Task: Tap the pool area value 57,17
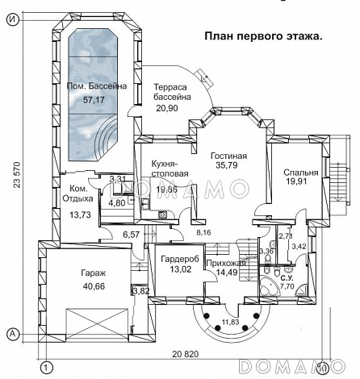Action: click(94, 100)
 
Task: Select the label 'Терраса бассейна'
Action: click(172, 90)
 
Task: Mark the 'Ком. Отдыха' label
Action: click(77, 193)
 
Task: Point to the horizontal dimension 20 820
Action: click(186, 354)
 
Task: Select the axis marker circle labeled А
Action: click(11, 332)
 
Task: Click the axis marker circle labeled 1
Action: click(47, 368)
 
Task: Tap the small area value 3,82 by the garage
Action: click(140, 291)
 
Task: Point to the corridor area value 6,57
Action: click(132, 234)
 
